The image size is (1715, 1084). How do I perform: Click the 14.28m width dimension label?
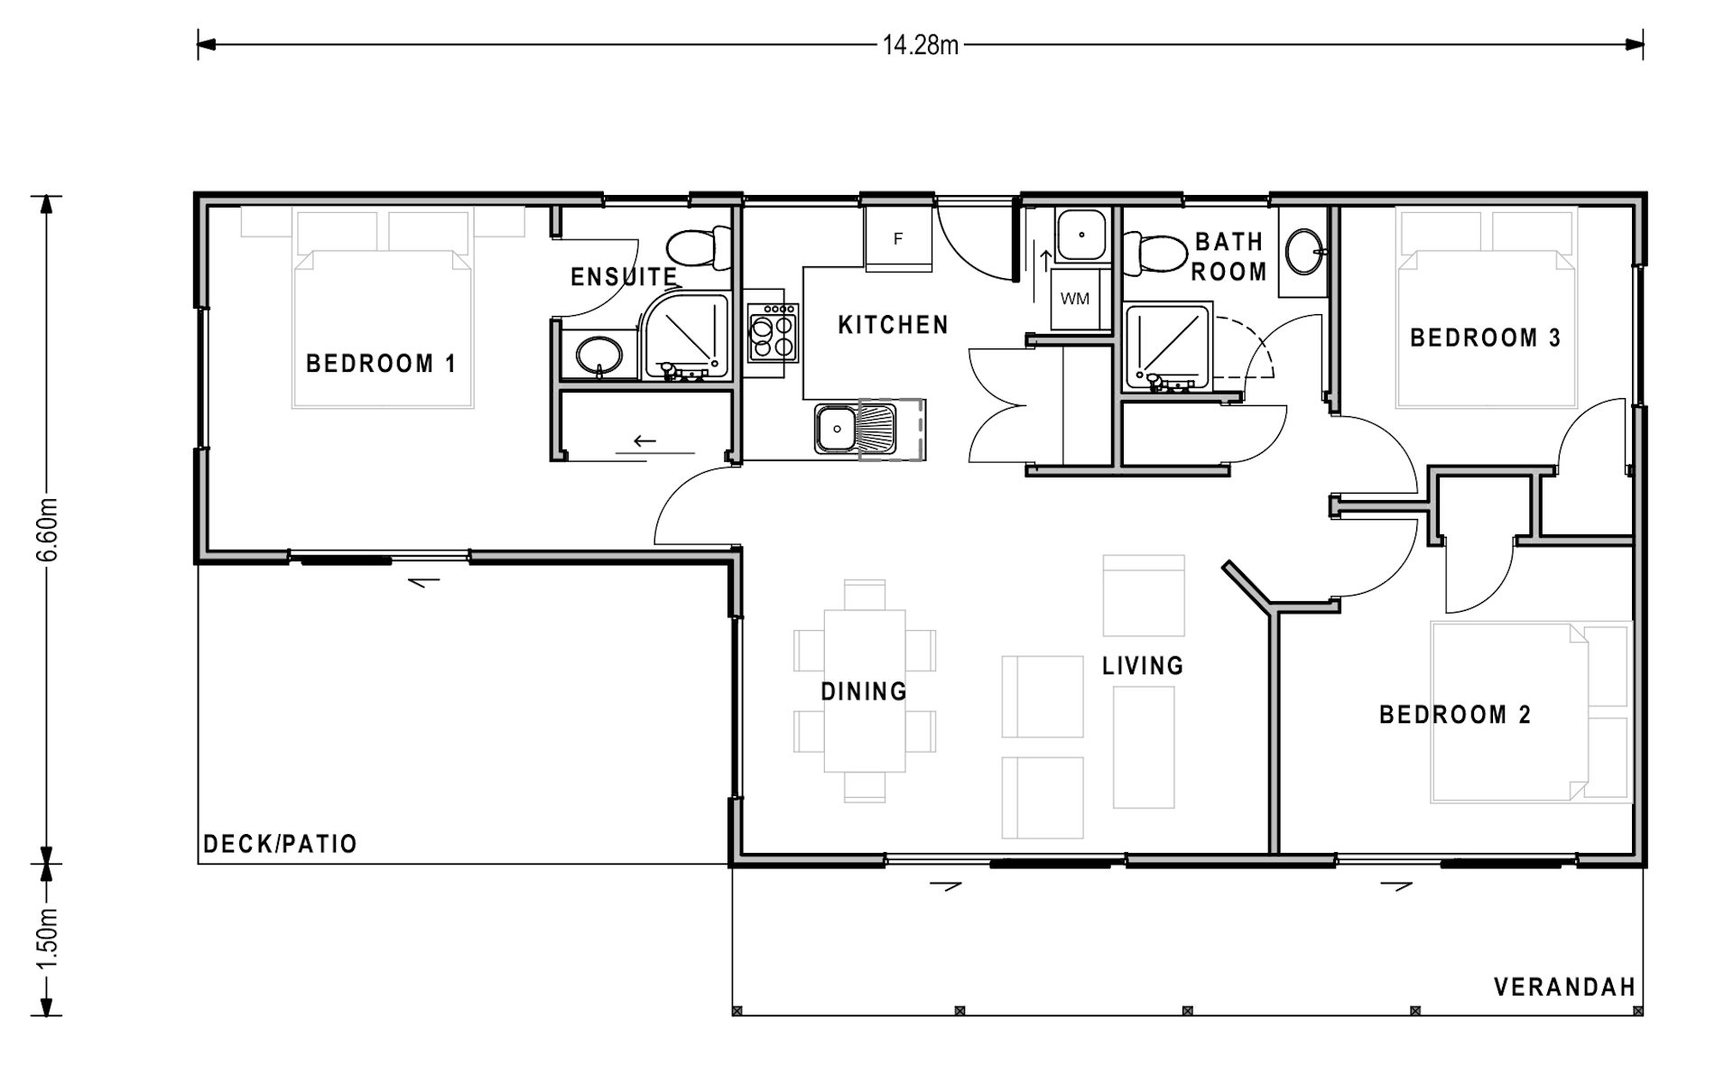coord(920,45)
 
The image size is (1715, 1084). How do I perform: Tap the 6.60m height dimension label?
coord(48,529)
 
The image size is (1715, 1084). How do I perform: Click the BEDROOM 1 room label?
coord(381,364)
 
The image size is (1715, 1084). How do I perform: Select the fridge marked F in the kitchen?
coord(898,239)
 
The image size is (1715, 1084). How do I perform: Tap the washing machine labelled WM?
coord(1075,299)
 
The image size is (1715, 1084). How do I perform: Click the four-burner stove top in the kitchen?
coord(774,333)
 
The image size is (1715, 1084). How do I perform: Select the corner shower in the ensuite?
coord(687,335)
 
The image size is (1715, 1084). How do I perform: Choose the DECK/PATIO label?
coord(280,844)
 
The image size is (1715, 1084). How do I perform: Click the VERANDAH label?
coord(1564,987)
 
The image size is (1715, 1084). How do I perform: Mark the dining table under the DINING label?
coord(865,690)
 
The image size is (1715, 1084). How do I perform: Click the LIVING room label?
coord(1142,666)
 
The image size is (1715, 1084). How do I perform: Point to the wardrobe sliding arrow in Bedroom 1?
coord(644,441)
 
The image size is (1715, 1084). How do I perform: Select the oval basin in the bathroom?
coord(1302,252)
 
